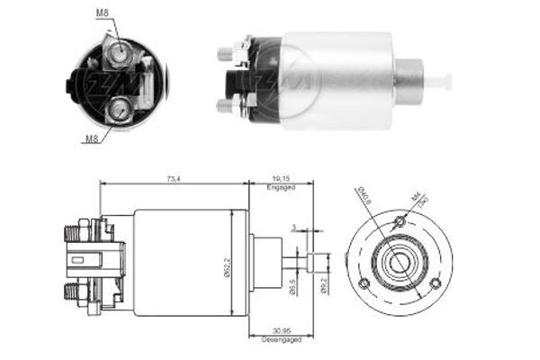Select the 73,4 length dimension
pyautogui.click(x=173, y=180)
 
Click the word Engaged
pyautogui.click(x=281, y=190)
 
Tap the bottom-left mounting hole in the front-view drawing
pyautogui.click(x=365, y=286)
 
